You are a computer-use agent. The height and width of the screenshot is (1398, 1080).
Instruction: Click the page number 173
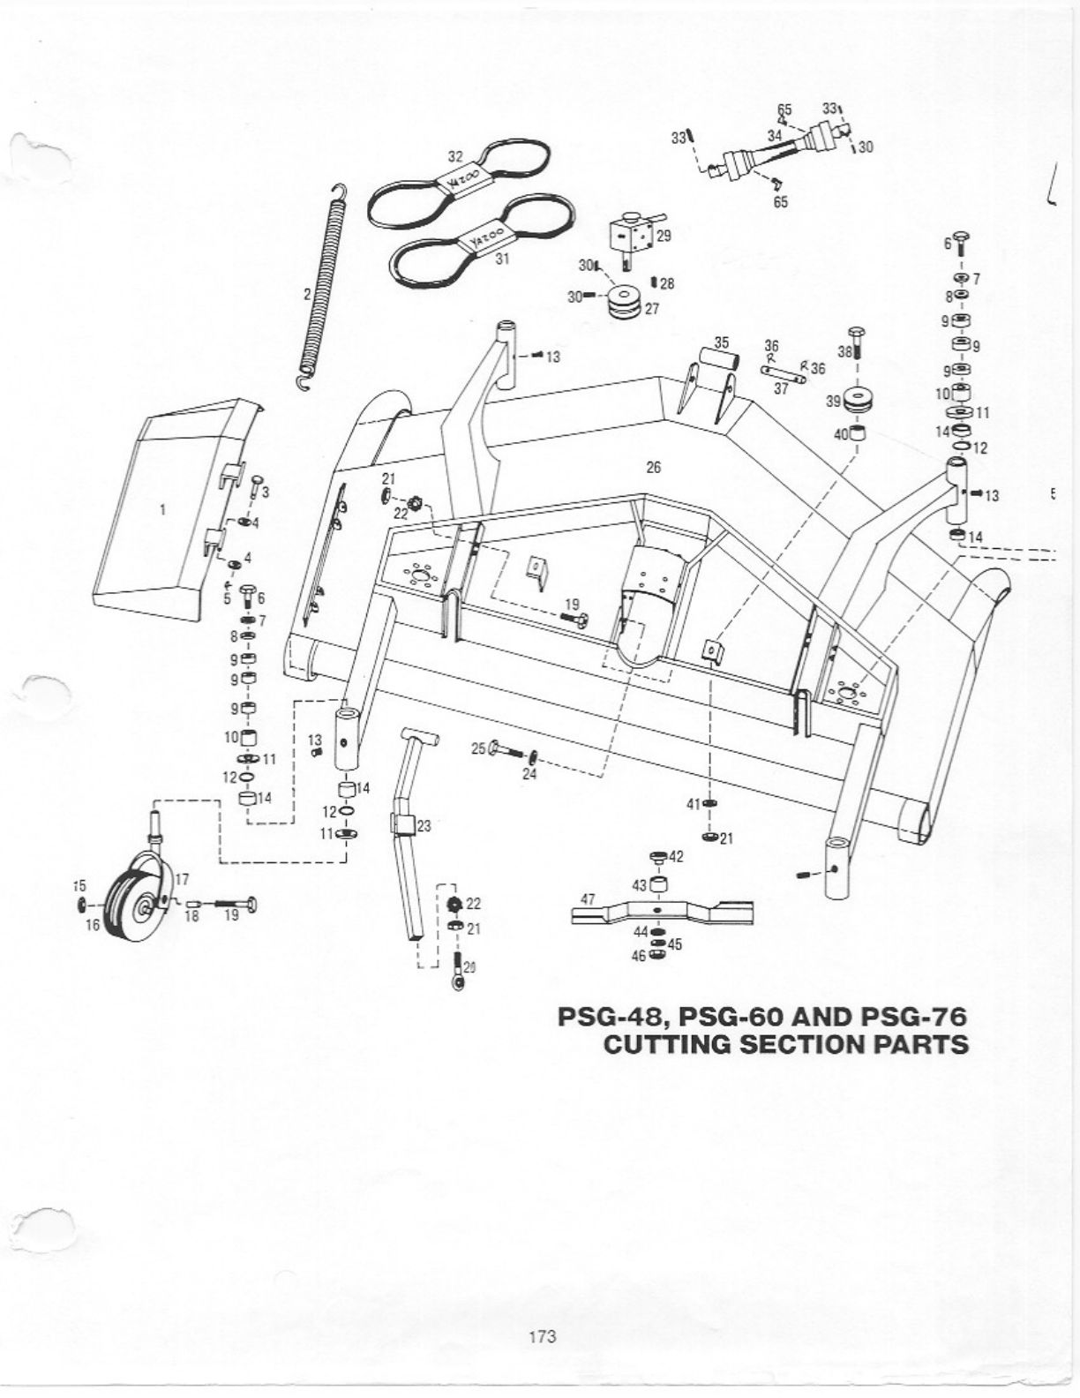[x=542, y=1336]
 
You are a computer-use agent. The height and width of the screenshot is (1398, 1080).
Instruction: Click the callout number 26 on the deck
[x=653, y=468]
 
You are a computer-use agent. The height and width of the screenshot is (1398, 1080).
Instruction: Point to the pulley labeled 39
[x=855, y=402]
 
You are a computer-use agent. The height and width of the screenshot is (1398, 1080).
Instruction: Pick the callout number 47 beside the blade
[x=588, y=899]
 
